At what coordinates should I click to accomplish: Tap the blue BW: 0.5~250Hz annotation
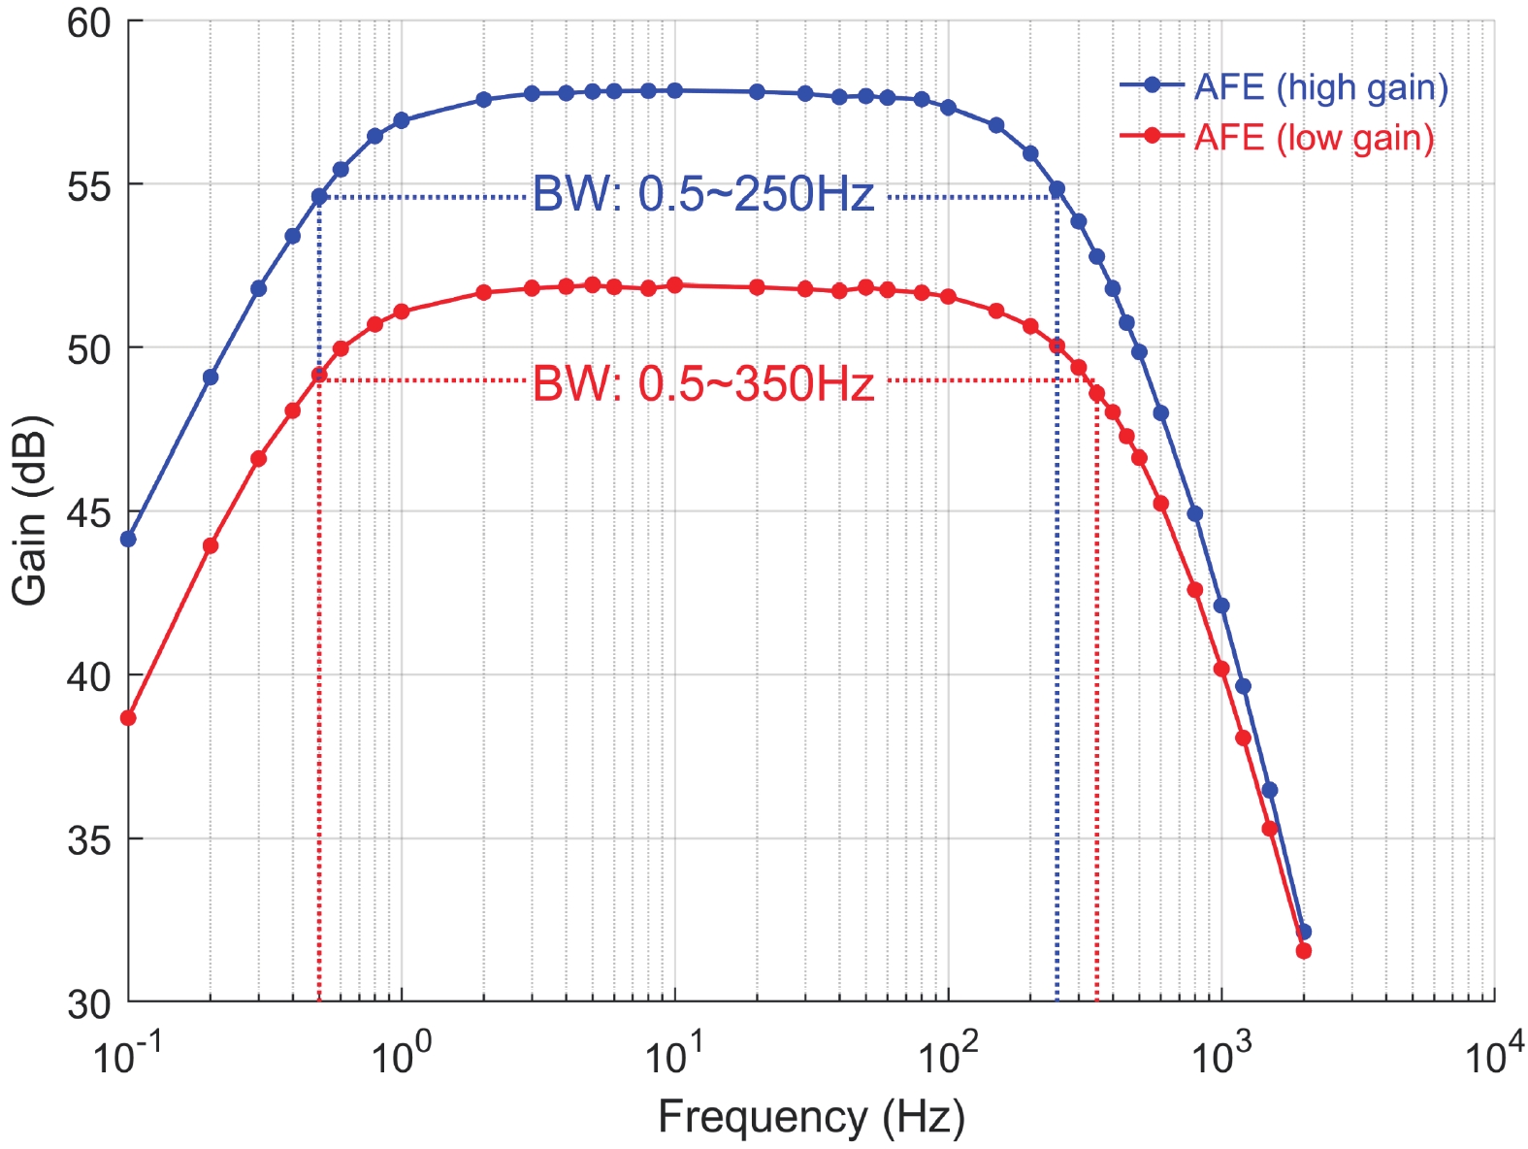[703, 195]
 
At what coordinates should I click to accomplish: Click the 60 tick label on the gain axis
[89, 22]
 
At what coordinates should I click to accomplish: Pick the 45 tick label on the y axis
[89, 512]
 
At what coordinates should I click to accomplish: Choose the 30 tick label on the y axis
[89, 1003]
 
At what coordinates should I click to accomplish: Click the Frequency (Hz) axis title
[811, 1117]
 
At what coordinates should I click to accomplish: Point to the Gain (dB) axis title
[29, 510]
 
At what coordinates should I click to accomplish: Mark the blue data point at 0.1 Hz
[128, 539]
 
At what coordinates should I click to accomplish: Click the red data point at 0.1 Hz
[128, 718]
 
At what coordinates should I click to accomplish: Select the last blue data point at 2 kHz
[1304, 932]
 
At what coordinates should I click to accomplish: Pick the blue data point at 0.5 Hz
[319, 197]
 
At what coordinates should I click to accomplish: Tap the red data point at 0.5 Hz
[319, 375]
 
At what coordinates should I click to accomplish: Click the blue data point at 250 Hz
[1057, 189]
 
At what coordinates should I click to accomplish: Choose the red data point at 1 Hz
[402, 312]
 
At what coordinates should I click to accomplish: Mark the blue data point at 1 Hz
[402, 120]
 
